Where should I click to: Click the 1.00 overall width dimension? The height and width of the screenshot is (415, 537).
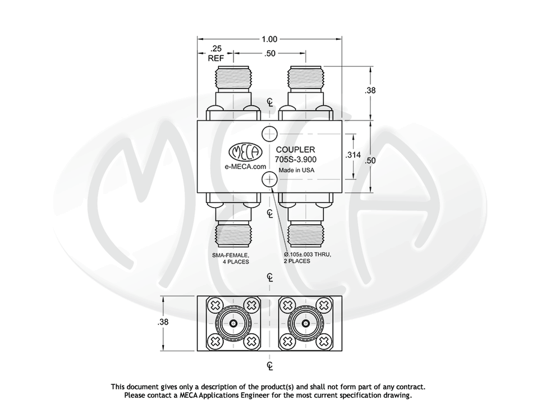click(x=269, y=39)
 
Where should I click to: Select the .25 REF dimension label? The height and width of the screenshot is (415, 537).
click(x=216, y=53)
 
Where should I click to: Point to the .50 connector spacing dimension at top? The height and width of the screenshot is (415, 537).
click(x=269, y=54)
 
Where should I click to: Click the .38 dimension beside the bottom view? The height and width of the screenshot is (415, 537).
click(x=163, y=322)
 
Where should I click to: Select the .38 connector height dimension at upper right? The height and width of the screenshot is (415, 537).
click(x=370, y=90)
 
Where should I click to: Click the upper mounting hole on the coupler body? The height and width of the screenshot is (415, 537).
click(x=269, y=133)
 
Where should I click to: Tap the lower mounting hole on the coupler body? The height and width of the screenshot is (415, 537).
click(x=269, y=179)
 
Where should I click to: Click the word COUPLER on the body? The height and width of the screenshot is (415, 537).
click(x=295, y=149)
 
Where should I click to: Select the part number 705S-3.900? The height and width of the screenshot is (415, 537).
click(x=295, y=159)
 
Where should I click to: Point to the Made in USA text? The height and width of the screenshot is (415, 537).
click(x=296, y=170)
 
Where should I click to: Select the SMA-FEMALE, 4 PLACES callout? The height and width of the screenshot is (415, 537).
click(x=231, y=259)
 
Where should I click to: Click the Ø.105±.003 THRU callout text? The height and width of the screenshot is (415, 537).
click(x=307, y=255)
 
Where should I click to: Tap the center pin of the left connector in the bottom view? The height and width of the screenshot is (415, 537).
click(x=233, y=324)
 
